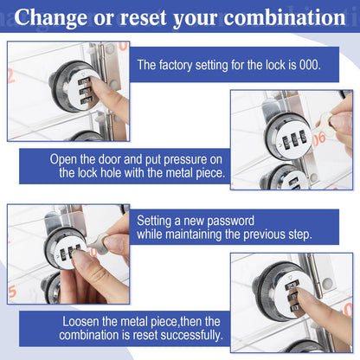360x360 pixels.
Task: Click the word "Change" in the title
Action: (51, 17)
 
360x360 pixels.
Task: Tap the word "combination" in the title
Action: (285, 17)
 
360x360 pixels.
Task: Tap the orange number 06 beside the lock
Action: (319, 139)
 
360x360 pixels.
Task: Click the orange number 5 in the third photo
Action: (12, 292)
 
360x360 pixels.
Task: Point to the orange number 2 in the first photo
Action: (11, 76)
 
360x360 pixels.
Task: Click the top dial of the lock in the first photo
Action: (85, 81)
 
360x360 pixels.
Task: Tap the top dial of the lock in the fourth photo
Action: (292, 286)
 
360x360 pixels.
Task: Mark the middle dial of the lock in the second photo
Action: (294, 139)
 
